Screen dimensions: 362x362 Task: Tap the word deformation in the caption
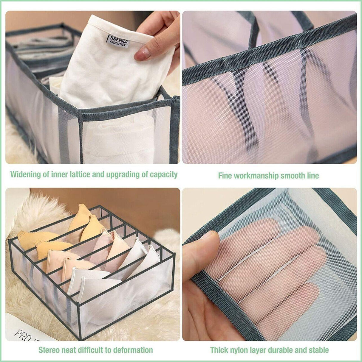pyautogui.click(x=134, y=350)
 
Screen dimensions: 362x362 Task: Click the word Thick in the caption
pyautogui.click(x=219, y=350)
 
